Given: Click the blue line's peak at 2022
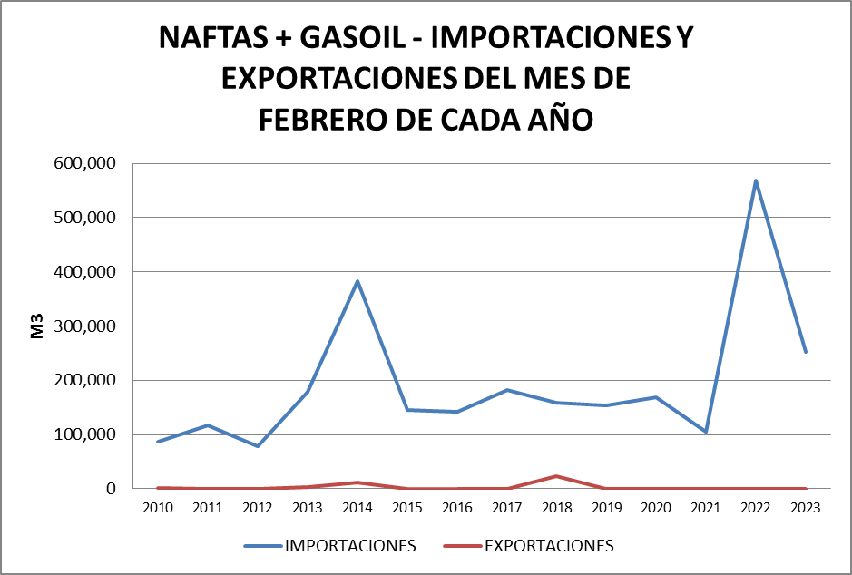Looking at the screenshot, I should [756, 180].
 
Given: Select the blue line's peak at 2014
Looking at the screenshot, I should [357, 281].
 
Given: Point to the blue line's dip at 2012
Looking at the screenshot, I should [258, 446].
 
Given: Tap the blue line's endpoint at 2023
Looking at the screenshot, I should [805, 352].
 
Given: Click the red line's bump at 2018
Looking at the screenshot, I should [556, 476].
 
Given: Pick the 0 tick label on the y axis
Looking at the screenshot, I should [112, 489].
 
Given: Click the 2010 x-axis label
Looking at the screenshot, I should [158, 509].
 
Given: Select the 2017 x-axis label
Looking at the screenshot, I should [506, 509].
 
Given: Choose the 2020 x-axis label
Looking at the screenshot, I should [656, 509].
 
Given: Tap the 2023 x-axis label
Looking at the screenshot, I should [805, 509].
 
